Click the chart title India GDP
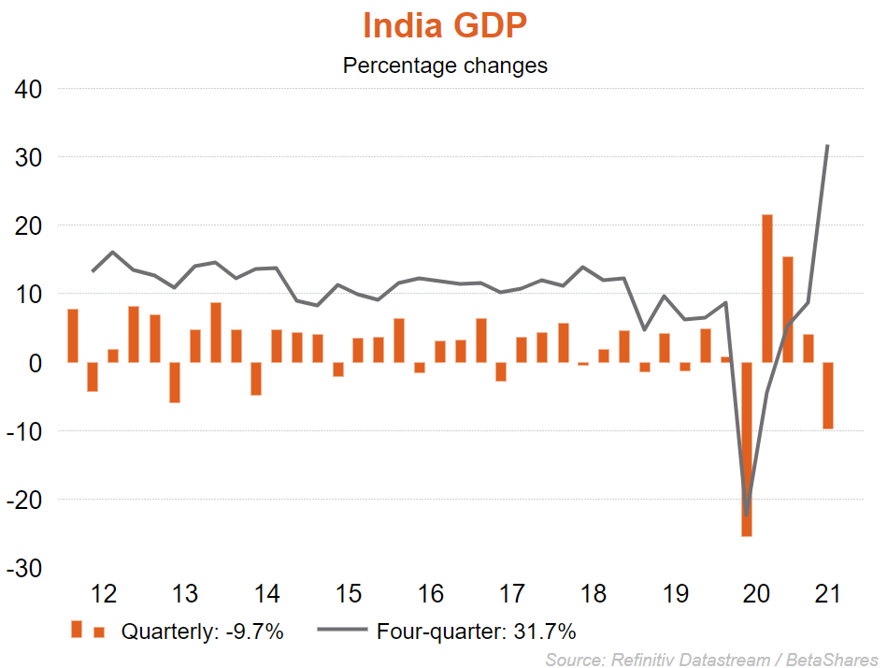point(445,26)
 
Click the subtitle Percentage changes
point(445,66)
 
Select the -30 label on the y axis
point(28,568)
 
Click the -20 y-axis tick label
point(28,500)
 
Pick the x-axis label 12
point(104,594)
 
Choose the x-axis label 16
point(430,594)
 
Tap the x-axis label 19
point(675,594)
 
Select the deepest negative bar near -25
point(747,449)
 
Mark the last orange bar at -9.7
point(828,396)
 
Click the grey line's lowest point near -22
point(747,514)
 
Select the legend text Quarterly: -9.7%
point(202,632)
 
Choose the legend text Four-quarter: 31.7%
point(476,632)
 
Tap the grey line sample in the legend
point(342,632)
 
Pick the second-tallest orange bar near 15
point(788,310)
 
